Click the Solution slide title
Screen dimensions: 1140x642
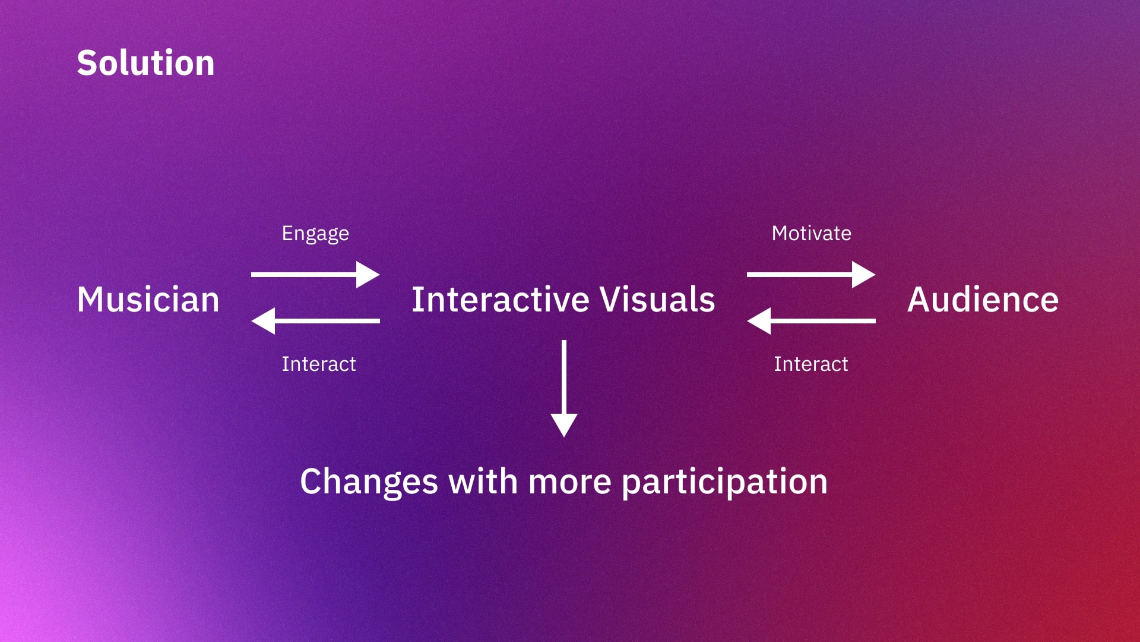145,63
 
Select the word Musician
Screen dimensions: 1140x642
148,299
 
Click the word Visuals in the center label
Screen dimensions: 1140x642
657,299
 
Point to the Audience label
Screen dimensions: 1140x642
983,299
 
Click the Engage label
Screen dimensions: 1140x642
315,234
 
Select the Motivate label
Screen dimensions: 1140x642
811,233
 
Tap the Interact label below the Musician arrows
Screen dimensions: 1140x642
319,364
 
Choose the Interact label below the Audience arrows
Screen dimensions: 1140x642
811,364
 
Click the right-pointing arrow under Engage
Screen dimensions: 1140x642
315,275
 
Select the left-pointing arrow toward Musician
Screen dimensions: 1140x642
315,321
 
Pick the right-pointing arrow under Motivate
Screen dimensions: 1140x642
810,275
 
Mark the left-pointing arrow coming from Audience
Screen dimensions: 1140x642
810,321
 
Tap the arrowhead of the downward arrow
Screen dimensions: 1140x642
564,424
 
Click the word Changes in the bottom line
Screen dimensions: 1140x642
369,481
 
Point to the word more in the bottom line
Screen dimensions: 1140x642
569,481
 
